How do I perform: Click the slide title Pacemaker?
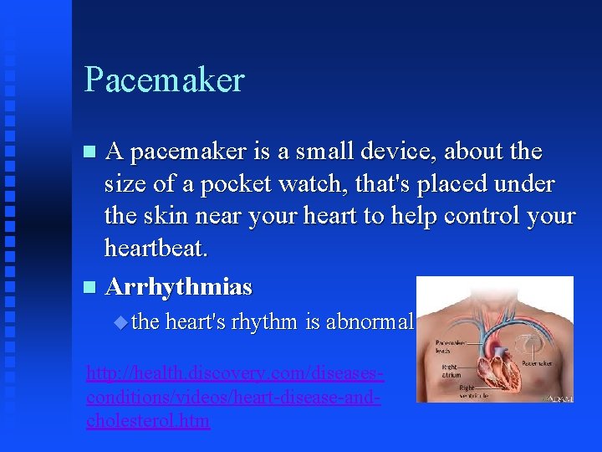(x=164, y=80)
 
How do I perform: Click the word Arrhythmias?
(x=179, y=287)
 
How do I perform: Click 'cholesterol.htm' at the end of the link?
(x=148, y=421)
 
